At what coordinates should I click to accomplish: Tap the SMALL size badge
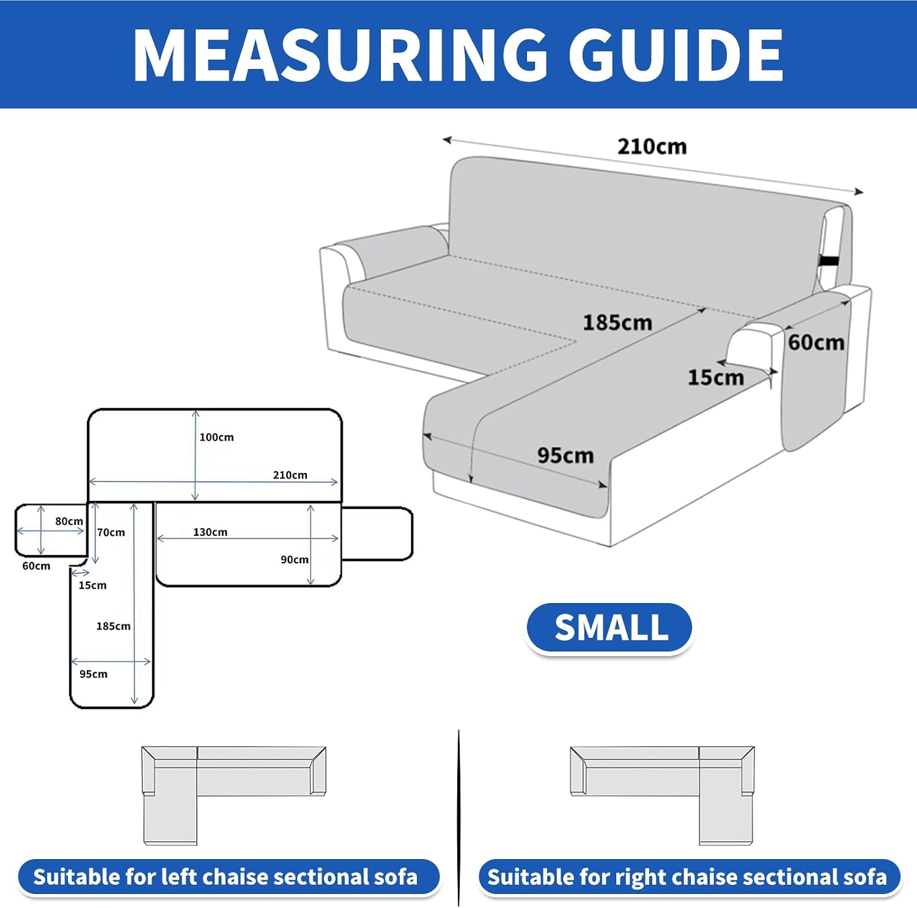(609, 628)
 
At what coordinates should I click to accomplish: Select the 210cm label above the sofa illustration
(652, 147)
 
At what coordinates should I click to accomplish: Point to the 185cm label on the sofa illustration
(617, 322)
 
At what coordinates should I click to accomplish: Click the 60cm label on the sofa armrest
(816, 342)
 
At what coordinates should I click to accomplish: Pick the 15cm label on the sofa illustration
(715, 377)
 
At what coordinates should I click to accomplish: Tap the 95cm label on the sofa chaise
(565, 455)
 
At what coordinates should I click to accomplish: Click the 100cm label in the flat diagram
(216, 437)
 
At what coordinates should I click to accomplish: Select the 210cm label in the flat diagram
(290, 475)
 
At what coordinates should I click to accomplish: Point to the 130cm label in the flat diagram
(210, 532)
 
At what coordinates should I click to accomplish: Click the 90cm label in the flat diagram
(295, 560)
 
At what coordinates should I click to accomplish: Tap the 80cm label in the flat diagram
(69, 521)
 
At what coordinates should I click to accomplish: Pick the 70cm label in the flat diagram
(111, 532)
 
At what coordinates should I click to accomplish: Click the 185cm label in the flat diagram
(113, 626)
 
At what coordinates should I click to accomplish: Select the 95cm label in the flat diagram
(94, 674)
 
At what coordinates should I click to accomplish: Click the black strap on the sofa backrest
(828, 261)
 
